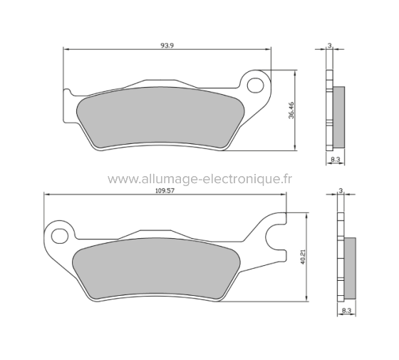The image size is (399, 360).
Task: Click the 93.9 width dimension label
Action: point(167,45)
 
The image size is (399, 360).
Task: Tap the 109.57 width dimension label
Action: point(164,190)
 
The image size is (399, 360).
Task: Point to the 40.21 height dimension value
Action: point(303,257)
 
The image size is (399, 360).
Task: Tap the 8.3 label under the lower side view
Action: point(346,312)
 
